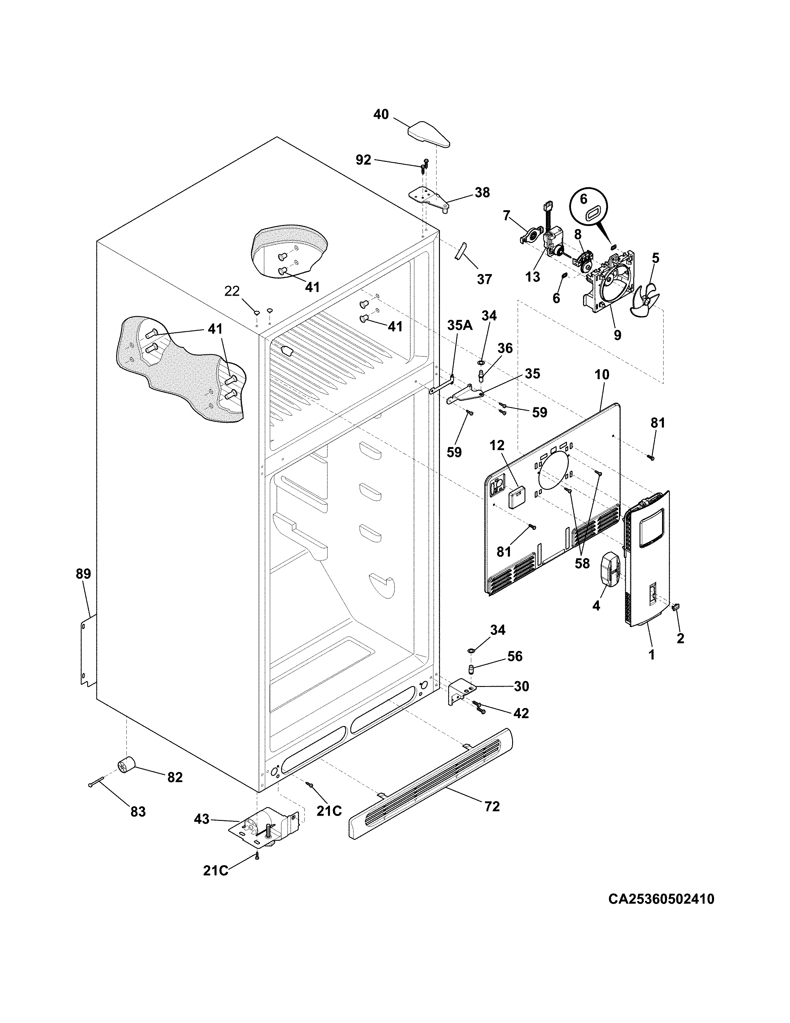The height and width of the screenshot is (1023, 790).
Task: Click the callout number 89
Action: pyautogui.click(x=83, y=574)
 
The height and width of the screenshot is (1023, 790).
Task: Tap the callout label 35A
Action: pyautogui.click(x=459, y=325)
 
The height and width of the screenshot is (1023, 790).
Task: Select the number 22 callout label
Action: pyautogui.click(x=232, y=291)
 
